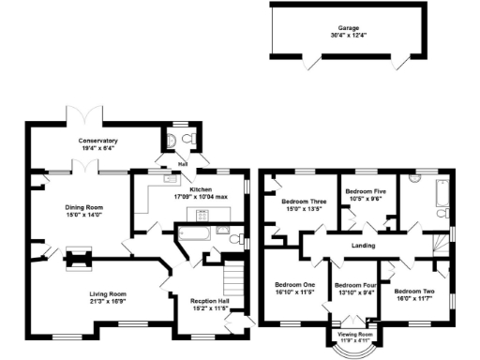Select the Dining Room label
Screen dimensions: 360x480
(x=82, y=207)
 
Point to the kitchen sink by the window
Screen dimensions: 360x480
(x=171, y=177)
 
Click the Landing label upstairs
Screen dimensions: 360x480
(x=362, y=246)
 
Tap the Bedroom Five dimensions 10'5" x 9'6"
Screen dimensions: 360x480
(x=367, y=199)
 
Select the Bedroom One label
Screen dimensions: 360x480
(x=294, y=285)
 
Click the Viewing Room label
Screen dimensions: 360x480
(x=354, y=334)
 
